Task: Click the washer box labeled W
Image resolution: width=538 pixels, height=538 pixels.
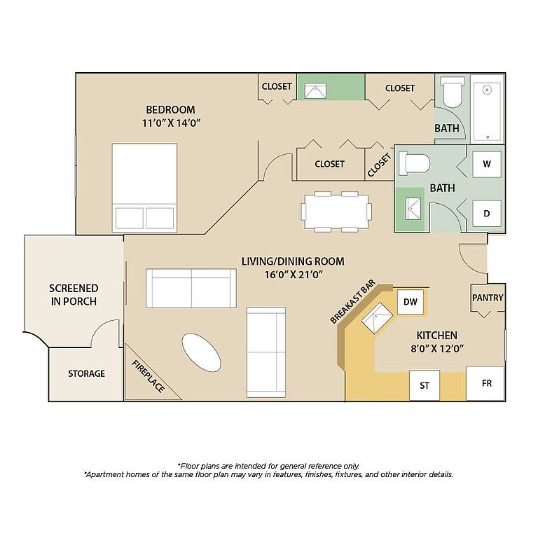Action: coord(487,164)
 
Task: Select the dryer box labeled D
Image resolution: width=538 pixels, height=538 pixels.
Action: coord(487,214)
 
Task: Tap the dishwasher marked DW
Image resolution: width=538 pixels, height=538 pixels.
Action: coord(411,302)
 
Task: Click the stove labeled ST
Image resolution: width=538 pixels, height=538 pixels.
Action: coord(425,385)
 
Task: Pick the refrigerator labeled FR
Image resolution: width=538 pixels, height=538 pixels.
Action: coord(485,383)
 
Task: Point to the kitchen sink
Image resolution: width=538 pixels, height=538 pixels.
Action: coord(377,318)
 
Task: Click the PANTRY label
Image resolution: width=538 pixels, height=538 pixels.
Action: coord(488,298)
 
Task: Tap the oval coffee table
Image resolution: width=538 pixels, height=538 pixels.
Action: coord(201,352)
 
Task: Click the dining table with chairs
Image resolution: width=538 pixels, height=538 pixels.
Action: coord(336,212)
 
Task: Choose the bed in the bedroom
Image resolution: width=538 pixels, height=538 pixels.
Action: coord(144,188)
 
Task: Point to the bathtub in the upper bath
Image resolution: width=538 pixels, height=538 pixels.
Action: coord(488,109)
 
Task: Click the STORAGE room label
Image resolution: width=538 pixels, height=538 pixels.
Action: coord(86,373)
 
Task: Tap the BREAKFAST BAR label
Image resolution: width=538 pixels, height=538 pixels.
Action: coord(352,302)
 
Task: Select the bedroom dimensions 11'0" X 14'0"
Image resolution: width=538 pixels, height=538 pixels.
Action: coord(171,123)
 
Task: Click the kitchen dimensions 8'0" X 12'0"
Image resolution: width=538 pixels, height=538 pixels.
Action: coord(437,349)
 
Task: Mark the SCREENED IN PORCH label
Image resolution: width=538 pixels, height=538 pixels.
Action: coord(74,295)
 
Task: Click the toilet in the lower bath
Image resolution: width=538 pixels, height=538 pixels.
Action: coord(414,163)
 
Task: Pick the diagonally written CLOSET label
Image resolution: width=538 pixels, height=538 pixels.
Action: coord(379,165)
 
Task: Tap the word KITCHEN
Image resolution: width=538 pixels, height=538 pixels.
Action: coord(437,336)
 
